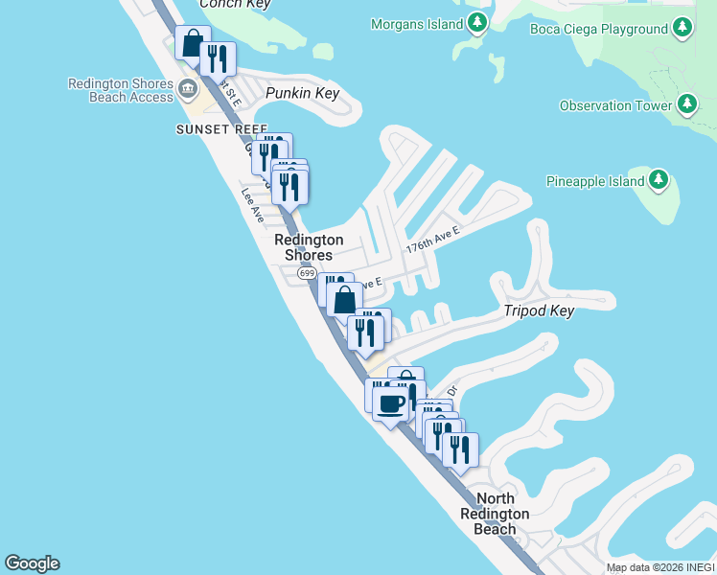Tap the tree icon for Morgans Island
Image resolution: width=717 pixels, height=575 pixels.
click(x=475, y=24)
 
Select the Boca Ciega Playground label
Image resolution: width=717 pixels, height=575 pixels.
click(x=599, y=29)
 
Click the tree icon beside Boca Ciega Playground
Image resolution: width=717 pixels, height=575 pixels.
click(x=682, y=28)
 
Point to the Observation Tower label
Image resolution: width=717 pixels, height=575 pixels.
click(x=615, y=105)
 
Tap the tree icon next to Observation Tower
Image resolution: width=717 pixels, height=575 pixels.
click(x=686, y=103)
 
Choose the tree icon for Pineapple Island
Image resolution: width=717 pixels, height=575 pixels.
click(x=658, y=179)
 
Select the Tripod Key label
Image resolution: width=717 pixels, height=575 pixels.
click(x=539, y=310)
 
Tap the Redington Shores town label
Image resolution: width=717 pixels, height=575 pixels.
click(x=309, y=247)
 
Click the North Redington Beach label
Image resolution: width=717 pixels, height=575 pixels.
click(x=495, y=514)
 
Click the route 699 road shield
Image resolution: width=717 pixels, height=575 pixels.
click(x=307, y=274)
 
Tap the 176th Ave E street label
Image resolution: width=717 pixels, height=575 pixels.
click(x=433, y=240)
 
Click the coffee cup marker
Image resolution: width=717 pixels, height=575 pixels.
click(x=390, y=403)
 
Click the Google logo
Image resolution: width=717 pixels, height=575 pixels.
click(x=32, y=563)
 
